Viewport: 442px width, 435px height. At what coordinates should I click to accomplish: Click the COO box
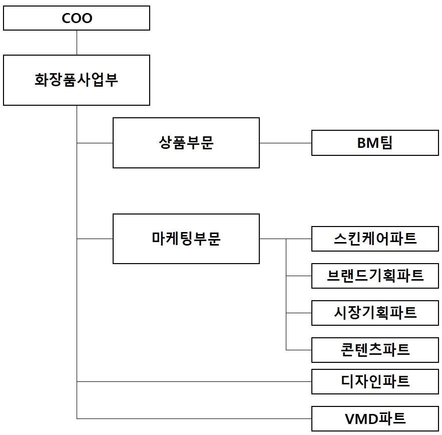click(x=77, y=18)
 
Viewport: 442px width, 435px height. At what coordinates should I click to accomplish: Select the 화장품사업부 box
click(x=77, y=80)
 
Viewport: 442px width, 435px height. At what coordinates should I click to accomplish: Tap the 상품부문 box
click(x=186, y=143)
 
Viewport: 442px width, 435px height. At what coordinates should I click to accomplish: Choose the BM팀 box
click(x=375, y=143)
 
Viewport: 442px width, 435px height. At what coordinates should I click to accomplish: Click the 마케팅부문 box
click(x=186, y=239)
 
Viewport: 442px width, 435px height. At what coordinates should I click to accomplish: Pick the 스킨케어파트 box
click(x=375, y=239)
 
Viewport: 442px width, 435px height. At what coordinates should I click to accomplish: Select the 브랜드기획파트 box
click(x=375, y=276)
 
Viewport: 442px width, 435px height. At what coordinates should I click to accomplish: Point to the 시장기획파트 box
click(x=375, y=313)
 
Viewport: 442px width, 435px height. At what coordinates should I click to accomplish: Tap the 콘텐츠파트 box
click(x=375, y=350)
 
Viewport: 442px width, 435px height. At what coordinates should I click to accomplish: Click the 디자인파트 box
click(x=375, y=381)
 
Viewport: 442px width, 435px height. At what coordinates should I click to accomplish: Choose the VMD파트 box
click(x=375, y=418)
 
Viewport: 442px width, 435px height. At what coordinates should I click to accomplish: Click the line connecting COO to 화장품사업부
click(x=77, y=43)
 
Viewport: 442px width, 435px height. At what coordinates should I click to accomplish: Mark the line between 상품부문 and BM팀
click(x=285, y=143)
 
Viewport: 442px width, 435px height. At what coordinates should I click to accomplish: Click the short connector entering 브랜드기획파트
click(x=299, y=276)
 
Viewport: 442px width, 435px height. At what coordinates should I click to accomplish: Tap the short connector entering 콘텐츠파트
click(x=299, y=350)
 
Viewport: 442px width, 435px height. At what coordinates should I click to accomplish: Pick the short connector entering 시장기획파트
click(x=299, y=313)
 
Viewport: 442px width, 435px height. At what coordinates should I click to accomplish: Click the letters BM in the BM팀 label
click(x=368, y=143)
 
